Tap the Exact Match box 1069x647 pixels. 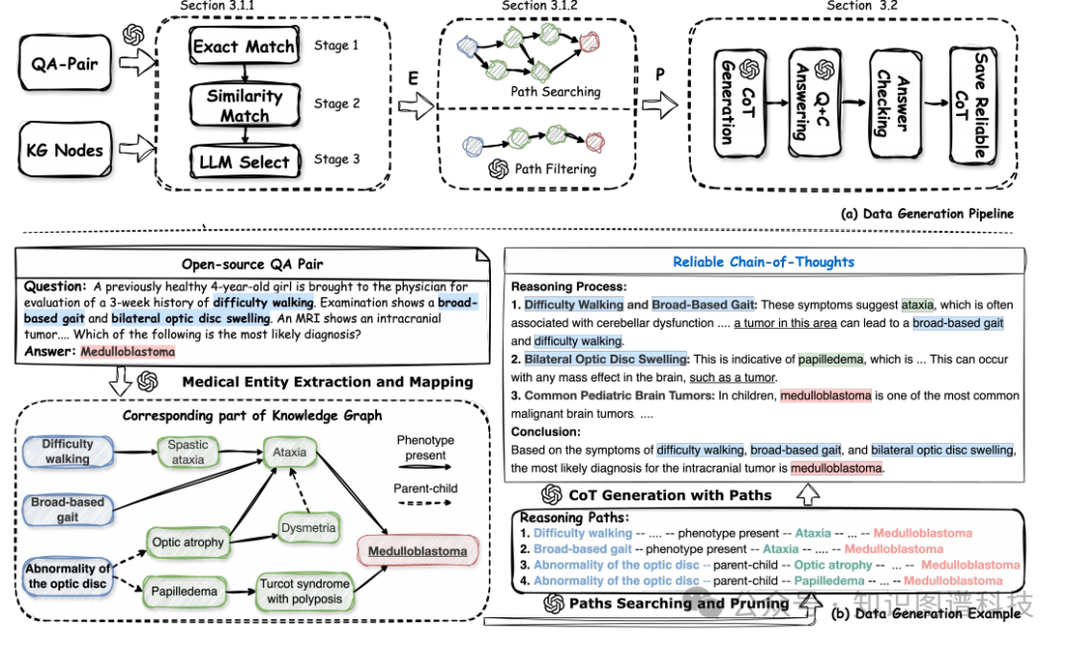[243, 47]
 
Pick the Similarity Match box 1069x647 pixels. [243, 105]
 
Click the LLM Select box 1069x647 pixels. [243, 162]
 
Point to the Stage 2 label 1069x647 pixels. [337, 103]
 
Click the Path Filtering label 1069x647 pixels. [555, 168]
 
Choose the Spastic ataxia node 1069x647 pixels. [188, 453]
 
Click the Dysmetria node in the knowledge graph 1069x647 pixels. [308, 528]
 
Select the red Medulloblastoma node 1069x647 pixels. [417, 551]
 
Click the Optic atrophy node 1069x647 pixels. [188, 542]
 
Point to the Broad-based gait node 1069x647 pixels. [67, 509]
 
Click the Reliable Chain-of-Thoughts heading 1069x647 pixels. [763, 262]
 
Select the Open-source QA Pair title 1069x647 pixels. [252, 265]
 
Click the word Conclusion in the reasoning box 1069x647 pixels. [545, 432]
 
